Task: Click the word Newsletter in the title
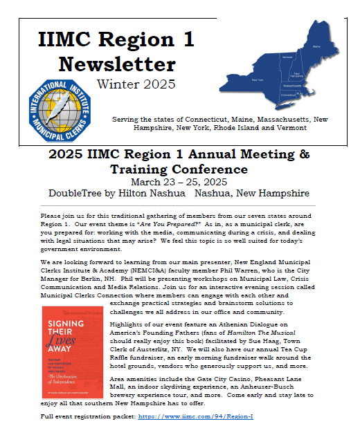(116, 64)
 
